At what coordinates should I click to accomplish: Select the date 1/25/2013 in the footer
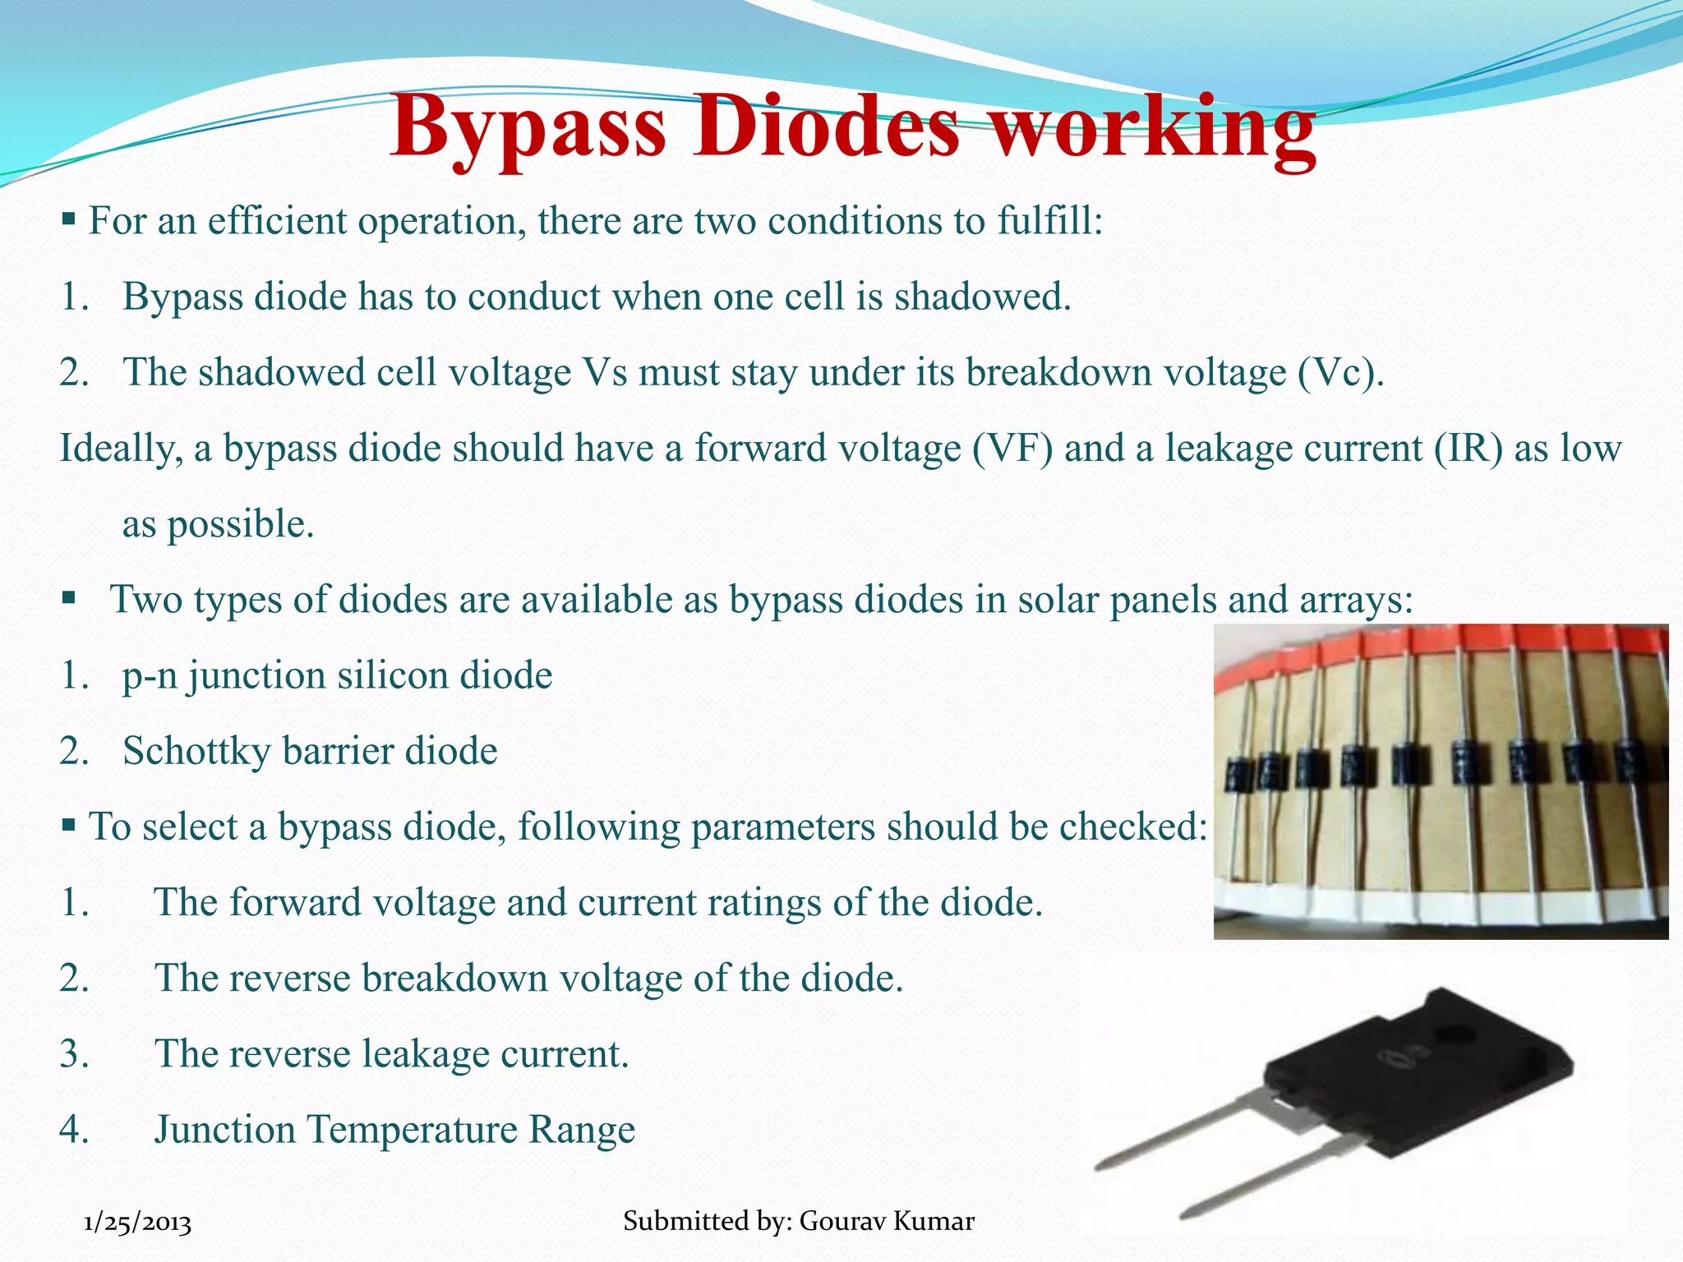point(138,1223)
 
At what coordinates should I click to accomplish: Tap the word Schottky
point(196,752)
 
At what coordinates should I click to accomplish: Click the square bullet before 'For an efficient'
point(69,219)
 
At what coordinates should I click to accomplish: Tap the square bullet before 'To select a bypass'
point(69,824)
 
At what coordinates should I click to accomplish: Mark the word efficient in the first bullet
point(277,221)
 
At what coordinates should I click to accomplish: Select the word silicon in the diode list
point(393,676)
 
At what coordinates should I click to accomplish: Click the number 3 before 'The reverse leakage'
point(73,1054)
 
